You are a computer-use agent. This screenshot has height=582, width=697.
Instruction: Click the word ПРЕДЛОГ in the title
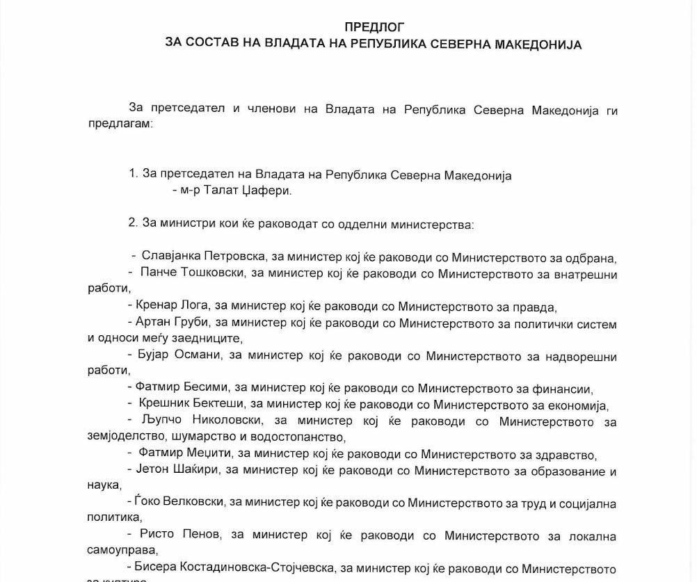click(x=374, y=27)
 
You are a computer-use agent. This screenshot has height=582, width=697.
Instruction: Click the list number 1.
click(x=132, y=175)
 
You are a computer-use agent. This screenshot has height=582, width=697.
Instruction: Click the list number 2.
click(x=132, y=225)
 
